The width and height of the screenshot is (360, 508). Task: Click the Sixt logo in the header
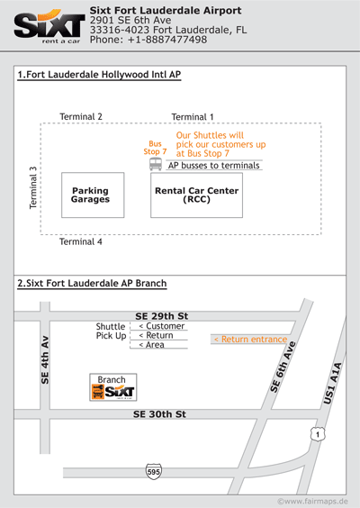(x=49, y=26)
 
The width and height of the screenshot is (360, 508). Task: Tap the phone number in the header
(x=148, y=40)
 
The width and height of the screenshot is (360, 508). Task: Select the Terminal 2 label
(x=81, y=116)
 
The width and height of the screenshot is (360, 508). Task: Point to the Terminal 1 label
(x=193, y=117)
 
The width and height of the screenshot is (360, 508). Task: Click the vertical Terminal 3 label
(x=33, y=188)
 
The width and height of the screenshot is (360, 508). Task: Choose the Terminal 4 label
(x=81, y=241)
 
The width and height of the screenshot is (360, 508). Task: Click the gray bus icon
(x=156, y=164)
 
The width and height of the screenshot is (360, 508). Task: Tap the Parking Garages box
(x=93, y=195)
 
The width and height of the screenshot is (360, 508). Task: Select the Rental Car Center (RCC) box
(x=196, y=195)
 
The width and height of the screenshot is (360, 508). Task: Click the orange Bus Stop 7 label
(x=155, y=148)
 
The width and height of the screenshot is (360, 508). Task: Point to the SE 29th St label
(x=161, y=316)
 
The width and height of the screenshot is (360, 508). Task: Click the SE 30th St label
(x=159, y=414)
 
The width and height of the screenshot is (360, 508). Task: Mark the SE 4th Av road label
(x=45, y=360)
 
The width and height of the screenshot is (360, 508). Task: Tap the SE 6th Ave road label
(x=283, y=367)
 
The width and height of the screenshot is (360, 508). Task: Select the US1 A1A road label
(x=333, y=384)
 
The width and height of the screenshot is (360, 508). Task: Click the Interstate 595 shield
(x=154, y=471)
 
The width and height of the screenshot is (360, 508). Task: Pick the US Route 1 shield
(x=318, y=434)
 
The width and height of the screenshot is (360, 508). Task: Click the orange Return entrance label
(x=250, y=340)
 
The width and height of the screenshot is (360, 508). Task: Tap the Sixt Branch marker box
(x=113, y=387)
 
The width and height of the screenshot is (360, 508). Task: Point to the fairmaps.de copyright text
(x=312, y=501)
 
